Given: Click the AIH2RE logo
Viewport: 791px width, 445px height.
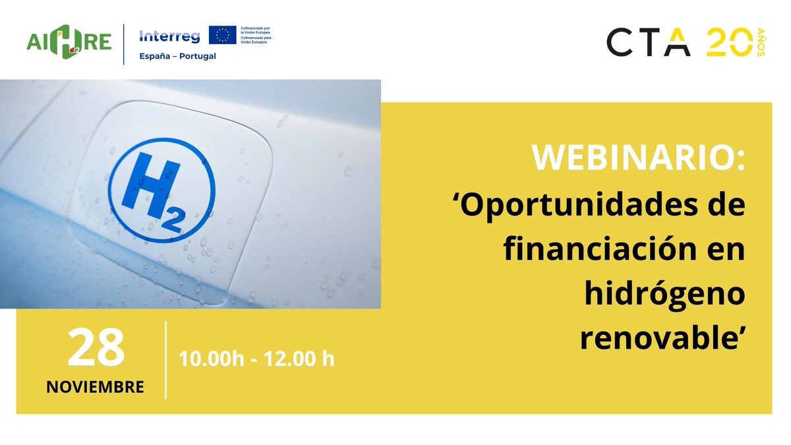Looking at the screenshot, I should (69, 43).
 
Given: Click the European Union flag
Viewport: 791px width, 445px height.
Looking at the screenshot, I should (223, 35).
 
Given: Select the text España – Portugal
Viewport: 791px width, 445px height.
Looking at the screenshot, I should (177, 56).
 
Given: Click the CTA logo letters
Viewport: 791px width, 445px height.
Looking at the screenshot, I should (649, 43).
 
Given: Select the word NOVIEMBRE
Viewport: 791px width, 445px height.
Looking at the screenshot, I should (96, 386).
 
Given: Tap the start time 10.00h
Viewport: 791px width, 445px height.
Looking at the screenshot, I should (209, 360).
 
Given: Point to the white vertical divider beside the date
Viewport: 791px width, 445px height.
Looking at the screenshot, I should (165, 360).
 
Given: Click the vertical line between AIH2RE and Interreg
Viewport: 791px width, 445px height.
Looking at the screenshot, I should (124, 44).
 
